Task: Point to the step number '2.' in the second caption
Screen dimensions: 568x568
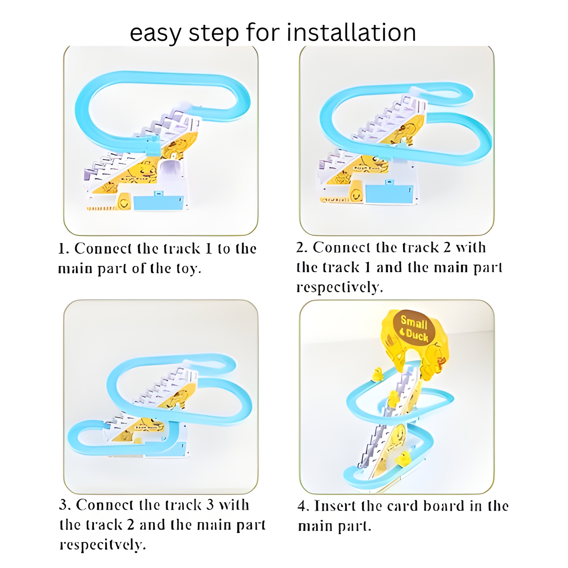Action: (302, 248)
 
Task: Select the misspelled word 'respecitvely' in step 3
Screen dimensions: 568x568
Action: (103, 546)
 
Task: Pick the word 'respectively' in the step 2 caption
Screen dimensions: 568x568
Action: (340, 288)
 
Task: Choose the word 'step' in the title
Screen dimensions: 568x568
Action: (214, 34)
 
